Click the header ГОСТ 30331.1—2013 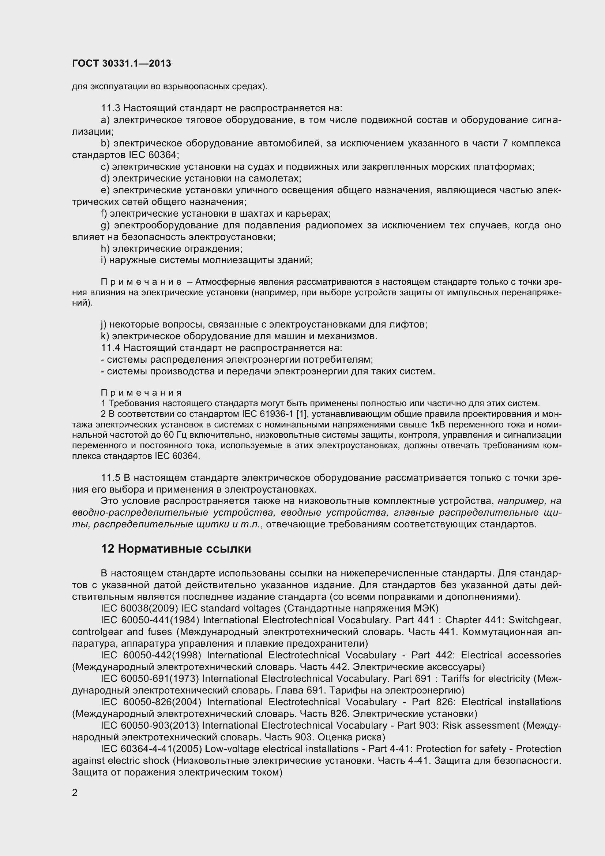(x=121, y=63)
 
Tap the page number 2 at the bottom (x=75, y=793)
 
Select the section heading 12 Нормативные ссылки (x=176, y=549)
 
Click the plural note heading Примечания (x=141, y=393)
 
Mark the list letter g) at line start (x=105, y=225)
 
